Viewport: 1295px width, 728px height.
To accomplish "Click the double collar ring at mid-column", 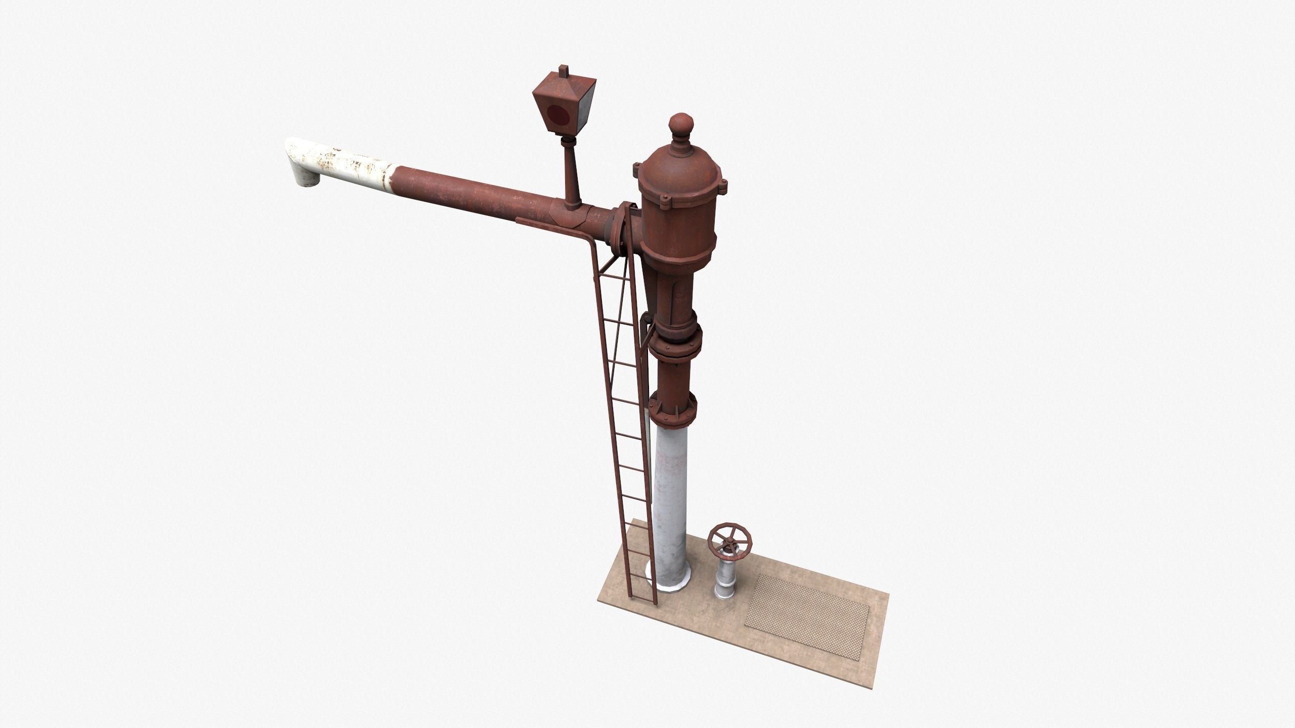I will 674,349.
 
